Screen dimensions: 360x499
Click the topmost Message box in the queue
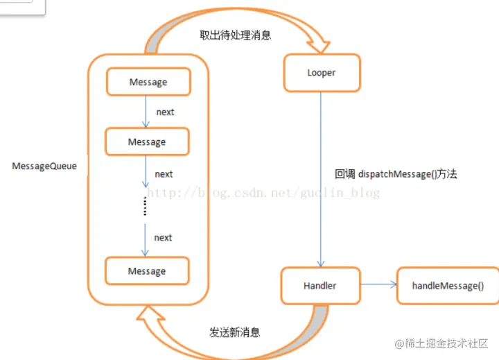point(148,82)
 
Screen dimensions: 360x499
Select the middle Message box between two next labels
point(147,142)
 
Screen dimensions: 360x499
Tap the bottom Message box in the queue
point(147,271)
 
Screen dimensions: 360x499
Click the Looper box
point(322,73)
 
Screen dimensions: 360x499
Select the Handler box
point(319,285)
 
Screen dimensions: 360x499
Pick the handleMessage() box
point(448,285)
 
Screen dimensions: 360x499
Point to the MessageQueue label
point(44,166)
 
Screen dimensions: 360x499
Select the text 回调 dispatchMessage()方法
point(396,174)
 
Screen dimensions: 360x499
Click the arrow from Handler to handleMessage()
point(378,284)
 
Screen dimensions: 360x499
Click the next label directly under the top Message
point(165,112)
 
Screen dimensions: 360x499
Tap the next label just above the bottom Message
point(163,237)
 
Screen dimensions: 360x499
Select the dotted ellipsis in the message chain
point(146,206)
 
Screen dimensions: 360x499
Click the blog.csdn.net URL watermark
point(263,193)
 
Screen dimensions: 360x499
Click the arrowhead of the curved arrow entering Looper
point(321,46)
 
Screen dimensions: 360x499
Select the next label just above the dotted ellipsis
point(164,174)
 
